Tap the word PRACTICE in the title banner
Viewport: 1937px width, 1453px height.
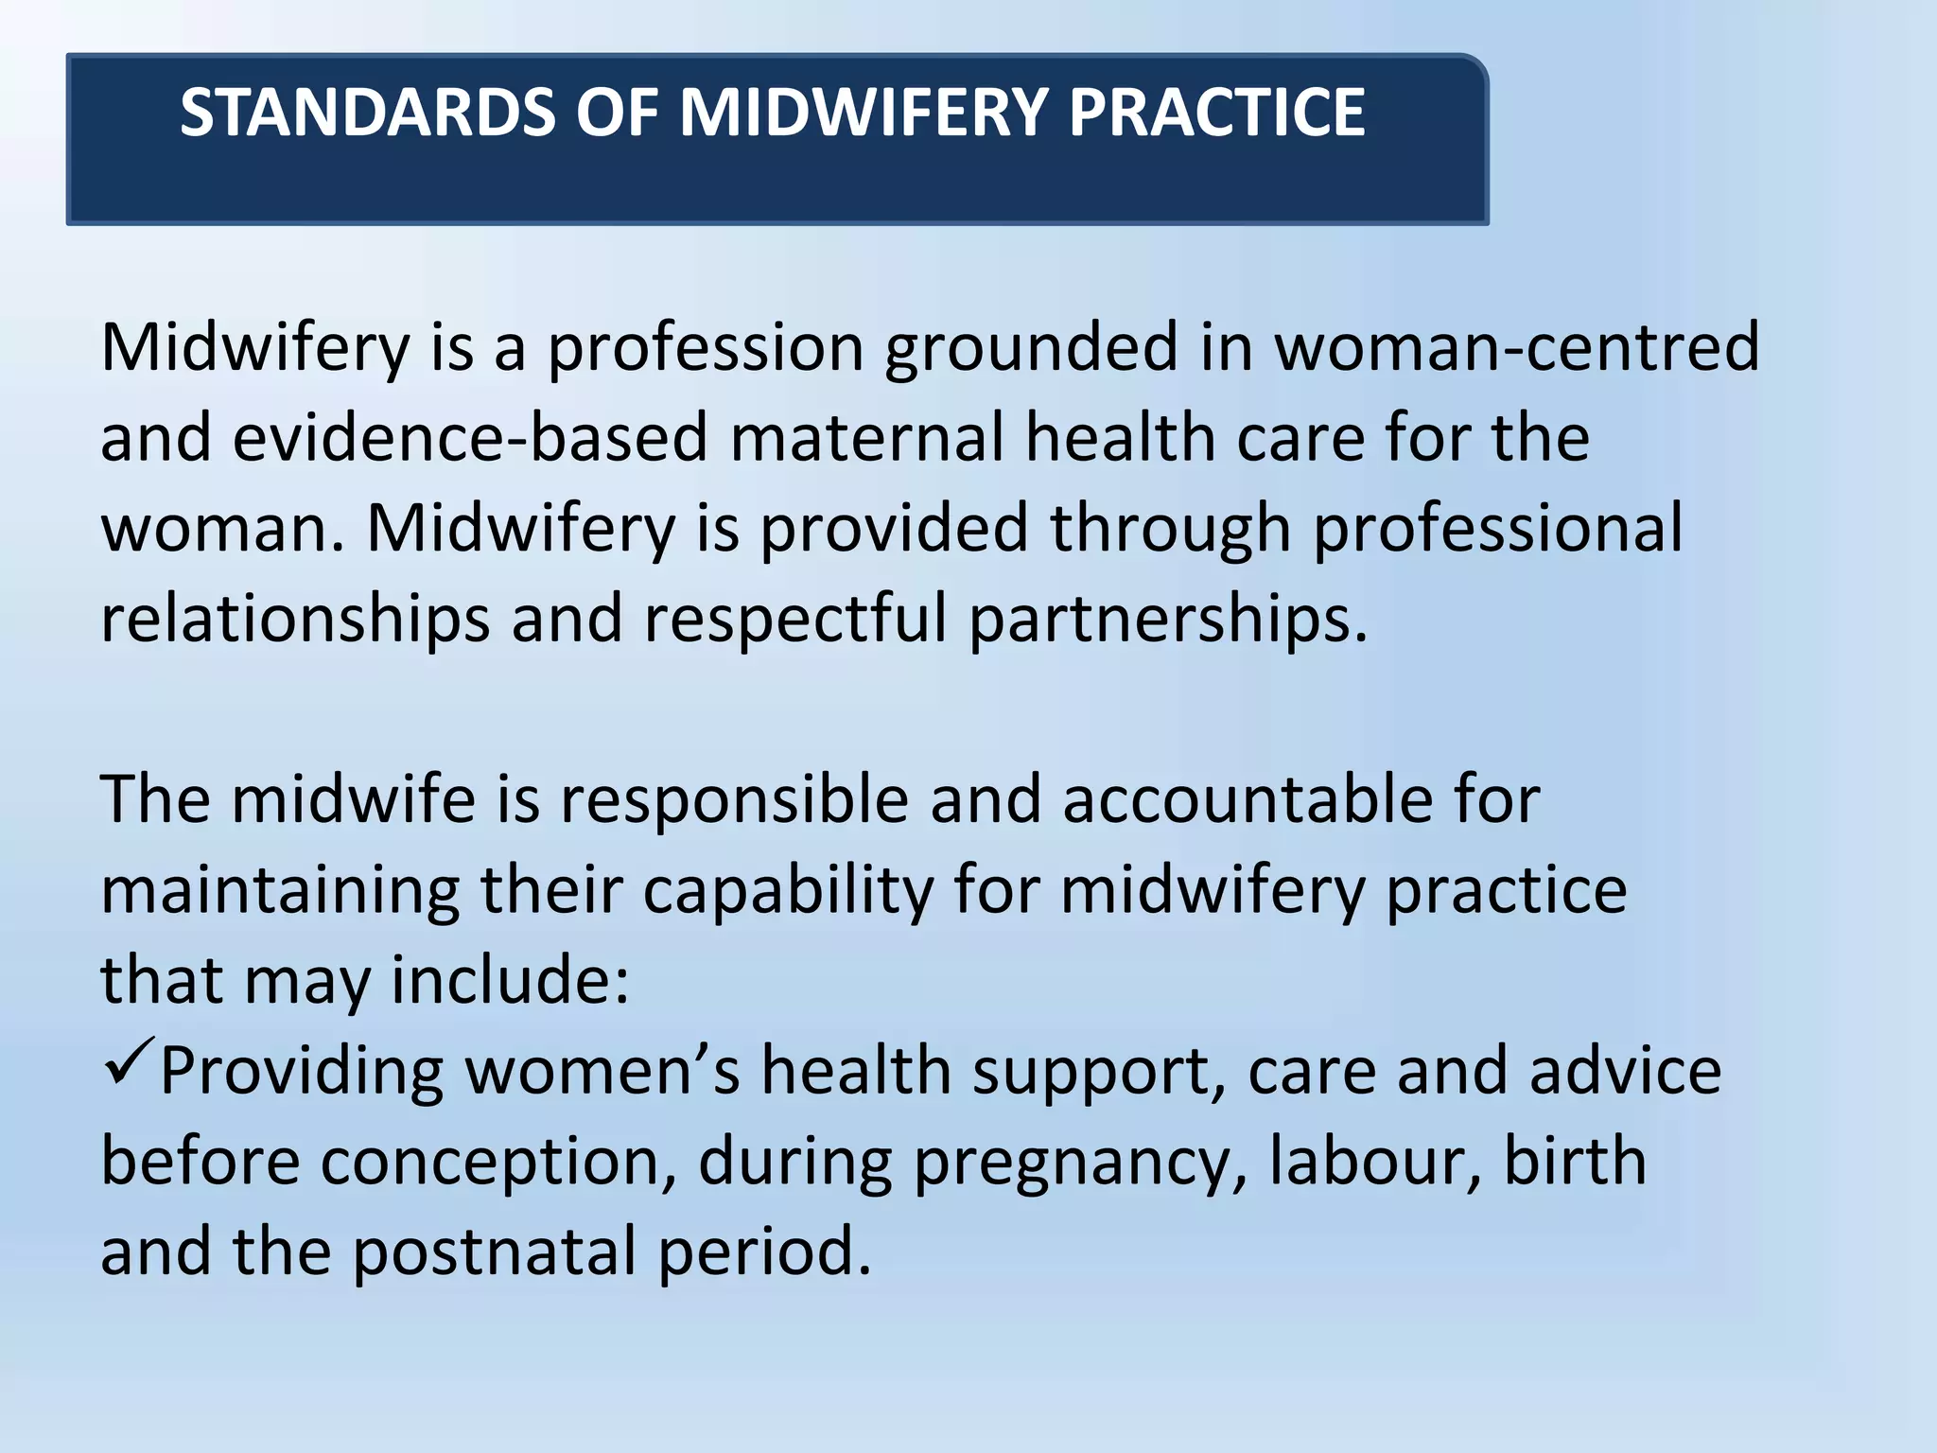pos(1216,113)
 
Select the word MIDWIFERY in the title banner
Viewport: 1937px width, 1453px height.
pos(862,113)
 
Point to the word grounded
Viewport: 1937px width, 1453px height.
pos(1031,347)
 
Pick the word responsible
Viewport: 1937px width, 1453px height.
pos(733,800)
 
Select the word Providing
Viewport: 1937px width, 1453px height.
pos(302,1071)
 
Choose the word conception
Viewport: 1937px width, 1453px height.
pos(497,1162)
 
